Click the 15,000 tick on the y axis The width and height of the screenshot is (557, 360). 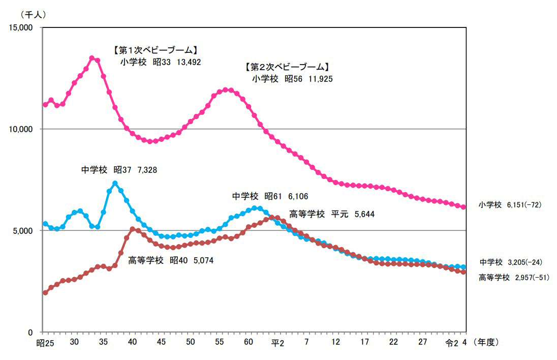pos(21,27)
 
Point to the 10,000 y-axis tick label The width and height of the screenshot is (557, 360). pos(21,129)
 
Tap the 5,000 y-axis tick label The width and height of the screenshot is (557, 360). pos(23,230)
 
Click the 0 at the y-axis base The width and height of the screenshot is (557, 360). pos(30,332)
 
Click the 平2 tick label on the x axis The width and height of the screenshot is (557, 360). pos(277,343)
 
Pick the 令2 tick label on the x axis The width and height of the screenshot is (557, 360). pos(452,343)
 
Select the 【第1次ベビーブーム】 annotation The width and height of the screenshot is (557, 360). pos(154,51)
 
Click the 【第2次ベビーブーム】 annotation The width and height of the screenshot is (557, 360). pos(288,67)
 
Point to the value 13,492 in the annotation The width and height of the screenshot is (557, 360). pos(189,62)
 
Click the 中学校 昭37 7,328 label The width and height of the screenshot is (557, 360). pos(119,170)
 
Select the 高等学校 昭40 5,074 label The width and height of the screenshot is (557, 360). pos(171,260)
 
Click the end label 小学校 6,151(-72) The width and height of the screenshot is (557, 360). pos(511,205)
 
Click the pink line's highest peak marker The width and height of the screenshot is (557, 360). pos(92,58)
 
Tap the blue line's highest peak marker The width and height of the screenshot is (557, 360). pos(115,183)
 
